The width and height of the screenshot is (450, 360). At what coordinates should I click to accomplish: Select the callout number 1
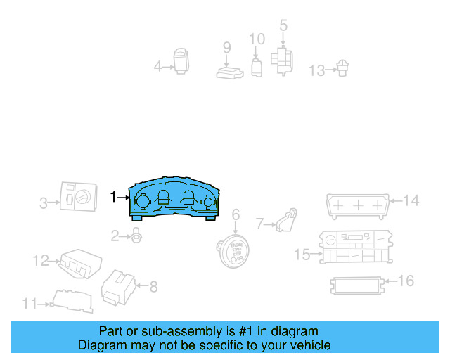(x=114, y=198)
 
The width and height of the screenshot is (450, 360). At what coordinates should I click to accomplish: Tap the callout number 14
(x=411, y=201)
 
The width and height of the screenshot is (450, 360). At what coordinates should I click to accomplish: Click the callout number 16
(x=406, y=281)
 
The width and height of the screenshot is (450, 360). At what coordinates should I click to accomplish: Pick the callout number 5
(x=283, y=25)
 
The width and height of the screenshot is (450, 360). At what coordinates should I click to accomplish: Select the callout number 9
(x=226, y=48)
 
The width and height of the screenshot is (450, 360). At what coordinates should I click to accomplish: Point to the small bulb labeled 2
(x=136, y=237)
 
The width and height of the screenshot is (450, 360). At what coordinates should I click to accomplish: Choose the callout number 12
(x=40, y=261)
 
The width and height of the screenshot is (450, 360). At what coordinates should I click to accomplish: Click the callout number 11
(x=29, y=304)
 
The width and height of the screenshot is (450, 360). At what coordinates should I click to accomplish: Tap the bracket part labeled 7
(x=285, y=220)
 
